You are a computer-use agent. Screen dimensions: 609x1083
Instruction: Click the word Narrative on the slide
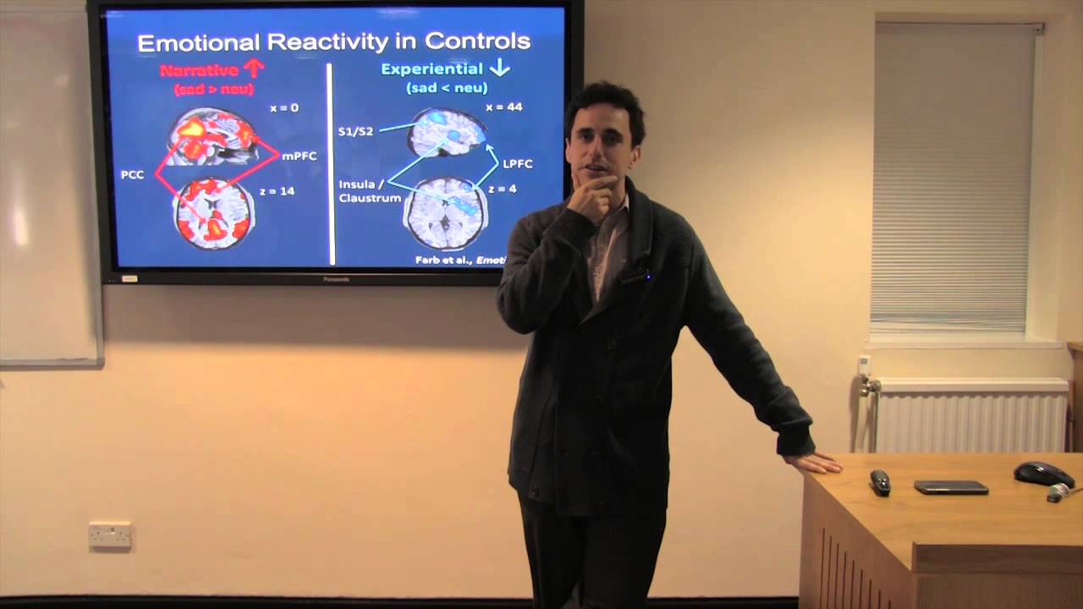[200, 70]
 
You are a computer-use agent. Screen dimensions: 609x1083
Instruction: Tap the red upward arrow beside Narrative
[254, 68]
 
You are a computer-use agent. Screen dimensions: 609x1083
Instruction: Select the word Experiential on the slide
[432, 69]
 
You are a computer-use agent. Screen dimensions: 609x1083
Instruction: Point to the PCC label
[133, 175]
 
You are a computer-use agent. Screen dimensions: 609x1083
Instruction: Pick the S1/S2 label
[355, 131]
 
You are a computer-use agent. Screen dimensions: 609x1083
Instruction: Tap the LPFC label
[518, 162]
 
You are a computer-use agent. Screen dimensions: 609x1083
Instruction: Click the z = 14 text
[277, 191]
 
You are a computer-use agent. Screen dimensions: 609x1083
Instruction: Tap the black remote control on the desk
[880, 482]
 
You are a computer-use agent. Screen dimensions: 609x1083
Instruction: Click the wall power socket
[110, 535]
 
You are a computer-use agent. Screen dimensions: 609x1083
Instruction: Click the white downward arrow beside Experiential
[499, 68]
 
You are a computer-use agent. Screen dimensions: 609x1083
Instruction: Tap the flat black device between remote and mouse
[951, 487]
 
